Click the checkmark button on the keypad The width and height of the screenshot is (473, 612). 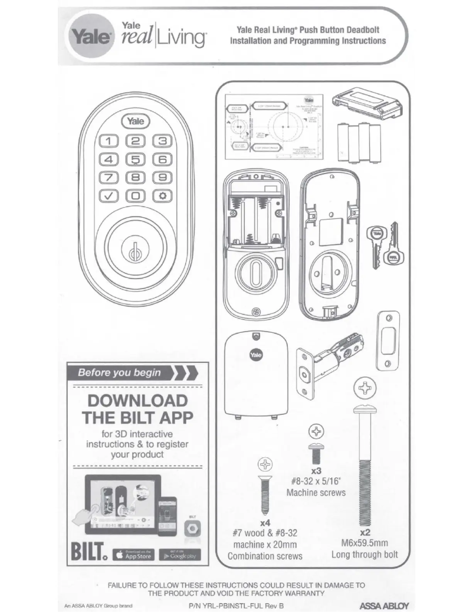coord(109,195)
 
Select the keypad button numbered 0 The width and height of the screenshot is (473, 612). coord(136,195)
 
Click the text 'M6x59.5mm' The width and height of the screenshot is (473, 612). coord(364,544)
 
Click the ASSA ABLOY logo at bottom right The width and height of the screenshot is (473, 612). coord(384,606)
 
